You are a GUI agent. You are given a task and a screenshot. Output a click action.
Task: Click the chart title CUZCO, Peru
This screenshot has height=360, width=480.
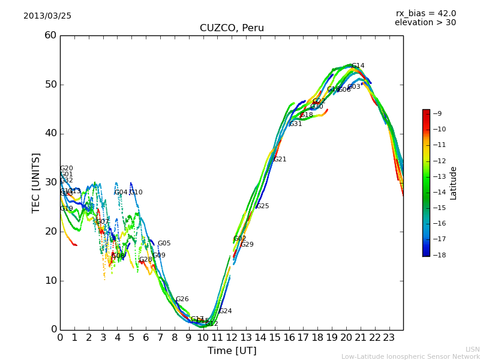coord(232,28)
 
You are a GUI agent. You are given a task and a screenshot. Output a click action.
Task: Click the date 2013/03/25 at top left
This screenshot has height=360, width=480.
coord(47,16)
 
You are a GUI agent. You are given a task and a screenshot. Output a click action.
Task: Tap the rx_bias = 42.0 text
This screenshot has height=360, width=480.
coord(425,13)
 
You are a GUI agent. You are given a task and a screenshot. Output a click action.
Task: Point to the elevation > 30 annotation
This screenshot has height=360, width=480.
coord(425,23)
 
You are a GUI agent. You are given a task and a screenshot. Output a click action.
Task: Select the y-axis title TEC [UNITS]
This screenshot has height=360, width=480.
coord(37,182)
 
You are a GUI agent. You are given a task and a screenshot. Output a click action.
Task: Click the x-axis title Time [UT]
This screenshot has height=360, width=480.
coord(232,351)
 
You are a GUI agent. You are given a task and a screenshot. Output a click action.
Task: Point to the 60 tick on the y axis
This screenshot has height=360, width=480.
coord(50,35)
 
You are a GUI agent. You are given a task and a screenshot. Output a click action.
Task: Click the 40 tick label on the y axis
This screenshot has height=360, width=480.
coord(50,133)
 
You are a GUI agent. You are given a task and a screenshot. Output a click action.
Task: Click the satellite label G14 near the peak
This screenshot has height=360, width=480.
coord(358,66)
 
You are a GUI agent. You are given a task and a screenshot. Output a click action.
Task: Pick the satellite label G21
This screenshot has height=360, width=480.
coord(280,160)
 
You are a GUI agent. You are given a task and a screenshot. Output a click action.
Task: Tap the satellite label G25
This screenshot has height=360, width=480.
coord(262,206)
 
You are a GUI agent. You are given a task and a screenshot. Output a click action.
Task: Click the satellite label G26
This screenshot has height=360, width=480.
coord(182,299)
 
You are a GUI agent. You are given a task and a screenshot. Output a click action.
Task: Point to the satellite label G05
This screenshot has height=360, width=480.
coord(164,244)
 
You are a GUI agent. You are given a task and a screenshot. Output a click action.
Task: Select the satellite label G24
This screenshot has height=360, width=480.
coord(225,311)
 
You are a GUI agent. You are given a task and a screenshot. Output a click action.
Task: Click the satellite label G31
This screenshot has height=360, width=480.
coord(295,124)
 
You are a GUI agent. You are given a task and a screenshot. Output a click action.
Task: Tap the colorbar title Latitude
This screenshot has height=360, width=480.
coord(454,183)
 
